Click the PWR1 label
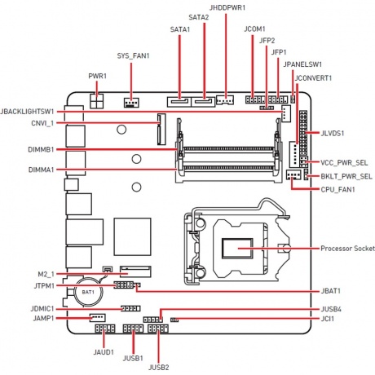97,76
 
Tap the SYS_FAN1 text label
133,56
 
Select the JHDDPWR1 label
227,7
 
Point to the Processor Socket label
347,249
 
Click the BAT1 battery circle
88,292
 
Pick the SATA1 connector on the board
179,102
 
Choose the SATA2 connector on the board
203,102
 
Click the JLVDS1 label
333,133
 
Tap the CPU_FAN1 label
337,189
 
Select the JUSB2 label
159,368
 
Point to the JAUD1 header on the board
104,329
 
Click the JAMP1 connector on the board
98,318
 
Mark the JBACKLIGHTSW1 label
27,112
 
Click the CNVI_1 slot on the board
161,130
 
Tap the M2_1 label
46,274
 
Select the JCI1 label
328,319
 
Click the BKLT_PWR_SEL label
346,176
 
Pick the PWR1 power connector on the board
96,101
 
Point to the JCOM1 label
254,29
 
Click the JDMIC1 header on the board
130,308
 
